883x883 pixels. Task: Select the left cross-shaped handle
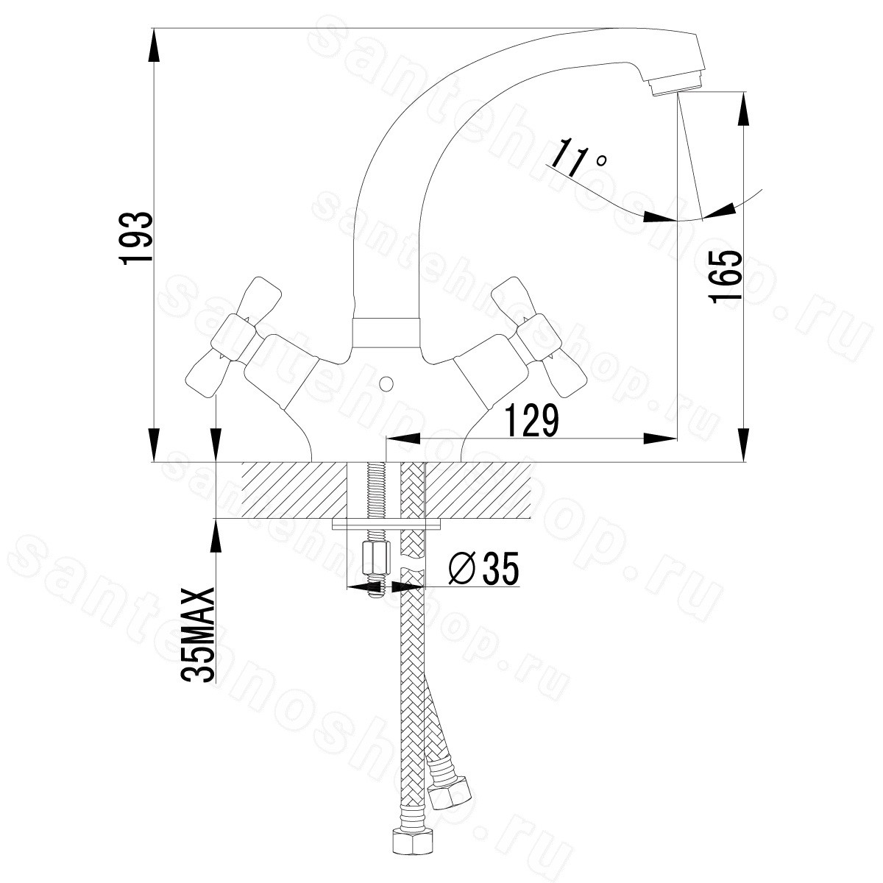point(229,338)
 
